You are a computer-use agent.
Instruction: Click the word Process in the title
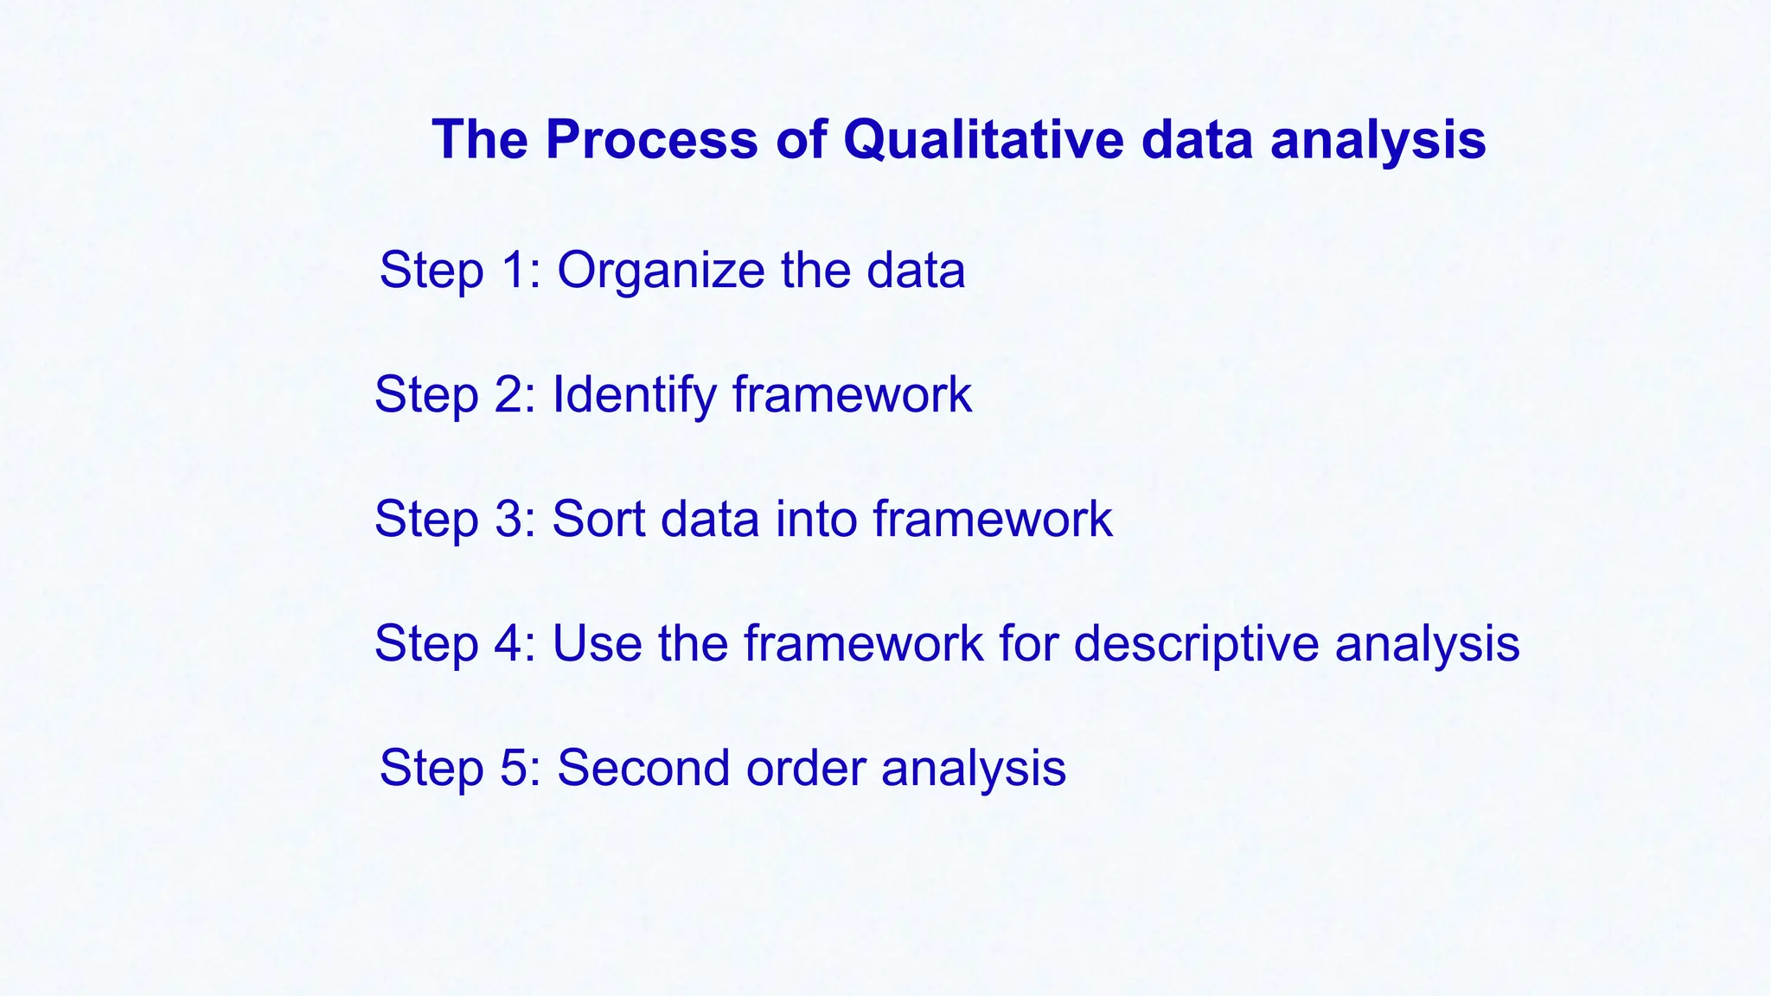point(650,139)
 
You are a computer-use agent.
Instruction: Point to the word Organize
point(661,271)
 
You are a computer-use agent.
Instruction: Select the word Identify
point(633,396)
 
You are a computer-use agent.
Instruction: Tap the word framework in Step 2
point(852,394)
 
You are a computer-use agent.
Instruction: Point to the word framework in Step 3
point(992,519)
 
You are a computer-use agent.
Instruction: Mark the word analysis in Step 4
point(1427,645)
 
